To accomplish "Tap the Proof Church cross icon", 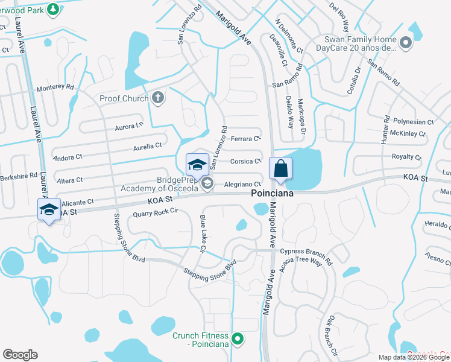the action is point(158,98).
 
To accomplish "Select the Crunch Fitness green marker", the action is point(238,340).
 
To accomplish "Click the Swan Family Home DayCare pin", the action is point(406,42).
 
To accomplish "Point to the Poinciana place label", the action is point(273,193).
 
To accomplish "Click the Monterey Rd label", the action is point(55,87).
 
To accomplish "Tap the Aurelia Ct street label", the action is point(148,146).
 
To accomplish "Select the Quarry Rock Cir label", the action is point(156,212).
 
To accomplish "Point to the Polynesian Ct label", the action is point(412,122).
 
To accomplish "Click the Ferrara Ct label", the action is point(245,139).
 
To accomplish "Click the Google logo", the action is point(20,355).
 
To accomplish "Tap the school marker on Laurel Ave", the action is point(49,209).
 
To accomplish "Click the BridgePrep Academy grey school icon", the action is point(207,183).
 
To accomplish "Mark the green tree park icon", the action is point(53,9).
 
